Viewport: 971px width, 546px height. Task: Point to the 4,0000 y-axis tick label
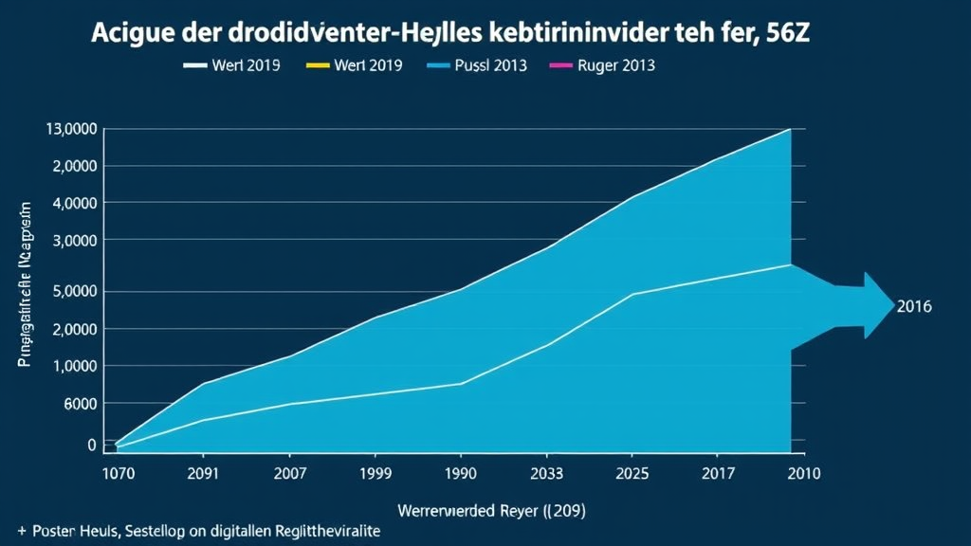(72, 203)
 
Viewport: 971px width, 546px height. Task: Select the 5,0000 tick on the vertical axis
(72, 291)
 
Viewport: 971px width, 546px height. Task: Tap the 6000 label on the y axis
(79, 404)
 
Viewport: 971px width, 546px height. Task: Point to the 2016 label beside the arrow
(914, 307)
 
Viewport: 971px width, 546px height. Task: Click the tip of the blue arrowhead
(893, 305)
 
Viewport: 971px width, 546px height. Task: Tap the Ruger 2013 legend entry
(615, 65)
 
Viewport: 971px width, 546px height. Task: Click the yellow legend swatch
(318, 65)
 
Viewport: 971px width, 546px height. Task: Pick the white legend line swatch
(194, 65)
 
